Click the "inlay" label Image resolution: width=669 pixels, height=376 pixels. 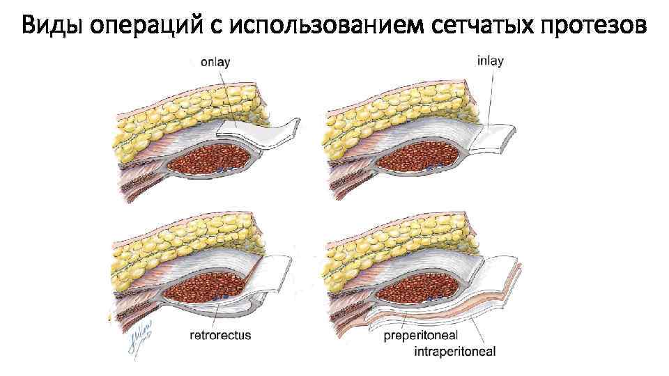coord(490,61)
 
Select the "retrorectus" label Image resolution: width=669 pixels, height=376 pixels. coord(220,336)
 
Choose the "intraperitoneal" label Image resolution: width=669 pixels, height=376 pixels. coord(454,352)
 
